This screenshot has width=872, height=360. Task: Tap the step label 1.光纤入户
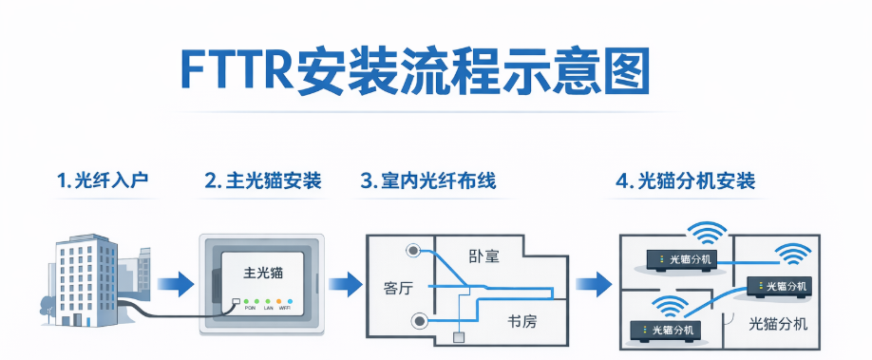pos(102,180)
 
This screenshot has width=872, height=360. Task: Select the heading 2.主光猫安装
pos(262,180)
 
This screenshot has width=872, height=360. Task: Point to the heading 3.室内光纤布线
pos(427,180)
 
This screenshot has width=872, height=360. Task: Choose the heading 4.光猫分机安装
pos(685,180)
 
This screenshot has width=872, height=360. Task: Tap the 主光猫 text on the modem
pos(263,271)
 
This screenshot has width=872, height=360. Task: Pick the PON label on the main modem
pos(251,309)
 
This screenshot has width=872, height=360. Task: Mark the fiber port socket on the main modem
pos(236,302)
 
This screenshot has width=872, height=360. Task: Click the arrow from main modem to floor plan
pos(345,283)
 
